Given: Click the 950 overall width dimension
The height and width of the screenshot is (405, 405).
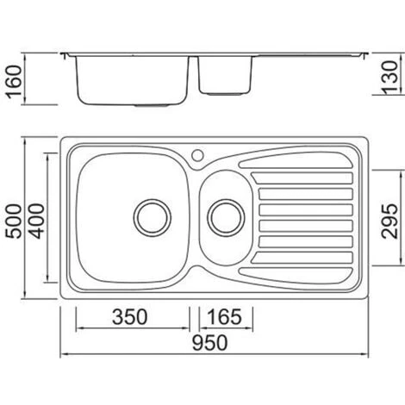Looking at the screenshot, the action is (x=209, y=343).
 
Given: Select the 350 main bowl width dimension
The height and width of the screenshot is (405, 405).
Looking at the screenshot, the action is (x=130, y=317).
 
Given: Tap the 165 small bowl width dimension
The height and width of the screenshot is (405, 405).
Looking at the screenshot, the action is (x=225, y=317).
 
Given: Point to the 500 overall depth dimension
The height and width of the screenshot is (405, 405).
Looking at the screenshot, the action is (x=14, y=221).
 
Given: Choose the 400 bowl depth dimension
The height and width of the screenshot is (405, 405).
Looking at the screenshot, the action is (x=37, y=221).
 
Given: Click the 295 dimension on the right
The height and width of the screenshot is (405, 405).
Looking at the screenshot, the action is (x=389, y=221).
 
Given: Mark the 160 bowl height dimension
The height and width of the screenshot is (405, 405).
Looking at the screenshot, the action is (x=15, y=82).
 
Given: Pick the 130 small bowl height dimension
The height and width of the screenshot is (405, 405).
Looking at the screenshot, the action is (x=390, y=78).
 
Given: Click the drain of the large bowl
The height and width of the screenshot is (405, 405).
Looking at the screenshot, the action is (x=153, y=218).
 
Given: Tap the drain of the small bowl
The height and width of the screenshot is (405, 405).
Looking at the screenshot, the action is (x=226, y=218).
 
